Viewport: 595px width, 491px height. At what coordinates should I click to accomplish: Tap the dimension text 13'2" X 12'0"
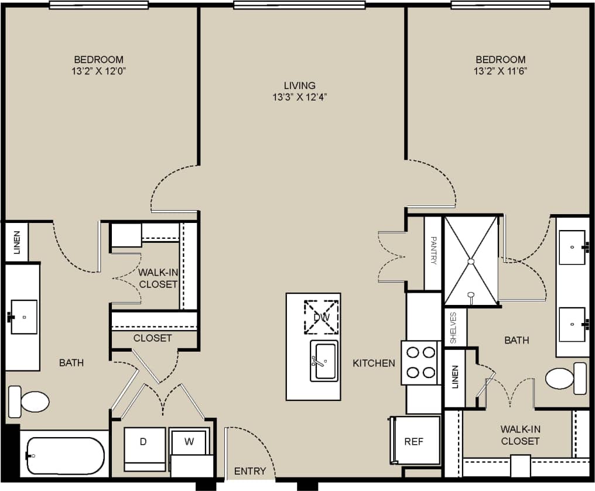98,71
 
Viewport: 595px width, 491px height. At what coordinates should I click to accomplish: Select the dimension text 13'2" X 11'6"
500,71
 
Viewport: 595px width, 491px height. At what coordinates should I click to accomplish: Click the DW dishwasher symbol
321,317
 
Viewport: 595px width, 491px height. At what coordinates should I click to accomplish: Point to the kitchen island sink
323,361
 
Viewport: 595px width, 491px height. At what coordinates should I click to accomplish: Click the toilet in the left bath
29,401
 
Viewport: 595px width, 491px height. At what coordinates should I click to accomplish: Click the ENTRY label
250,471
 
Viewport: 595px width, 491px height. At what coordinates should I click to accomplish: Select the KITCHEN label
374,363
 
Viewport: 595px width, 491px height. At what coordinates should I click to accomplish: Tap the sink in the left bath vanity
23,317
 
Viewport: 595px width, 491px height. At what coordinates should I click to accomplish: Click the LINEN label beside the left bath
16,242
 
